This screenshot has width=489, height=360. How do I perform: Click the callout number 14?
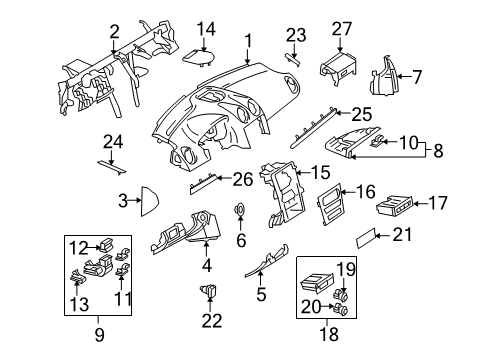coord(206,29)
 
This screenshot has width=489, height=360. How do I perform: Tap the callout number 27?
coord(342,29)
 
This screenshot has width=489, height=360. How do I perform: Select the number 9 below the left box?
coord(99,334)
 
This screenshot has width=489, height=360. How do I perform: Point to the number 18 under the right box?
coord(329,334)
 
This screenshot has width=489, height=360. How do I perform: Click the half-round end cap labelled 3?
coord(148,201)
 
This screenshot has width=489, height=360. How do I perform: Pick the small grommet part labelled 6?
coord(239,210)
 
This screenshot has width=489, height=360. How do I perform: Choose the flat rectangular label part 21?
coord(366,238)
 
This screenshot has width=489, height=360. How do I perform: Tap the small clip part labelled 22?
coord(209,290)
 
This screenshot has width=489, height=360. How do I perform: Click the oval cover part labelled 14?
coord(198,57)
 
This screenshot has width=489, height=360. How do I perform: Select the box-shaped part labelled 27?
coord(337,68)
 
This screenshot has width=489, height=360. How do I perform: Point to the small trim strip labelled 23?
coord(293,59)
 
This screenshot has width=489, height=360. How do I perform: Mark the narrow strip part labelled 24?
coord(112,167)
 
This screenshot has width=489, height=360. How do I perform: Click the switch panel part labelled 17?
coord(395,207)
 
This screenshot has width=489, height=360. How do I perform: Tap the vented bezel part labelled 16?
coord(330,205)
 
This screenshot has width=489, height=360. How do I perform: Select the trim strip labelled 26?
coord(203,184)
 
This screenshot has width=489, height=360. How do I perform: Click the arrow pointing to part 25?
coord(343,113)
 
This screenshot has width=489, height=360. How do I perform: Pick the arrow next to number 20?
coord(328,305)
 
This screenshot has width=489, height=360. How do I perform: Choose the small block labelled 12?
coord(106,246)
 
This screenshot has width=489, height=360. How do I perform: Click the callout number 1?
coord(248,41)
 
